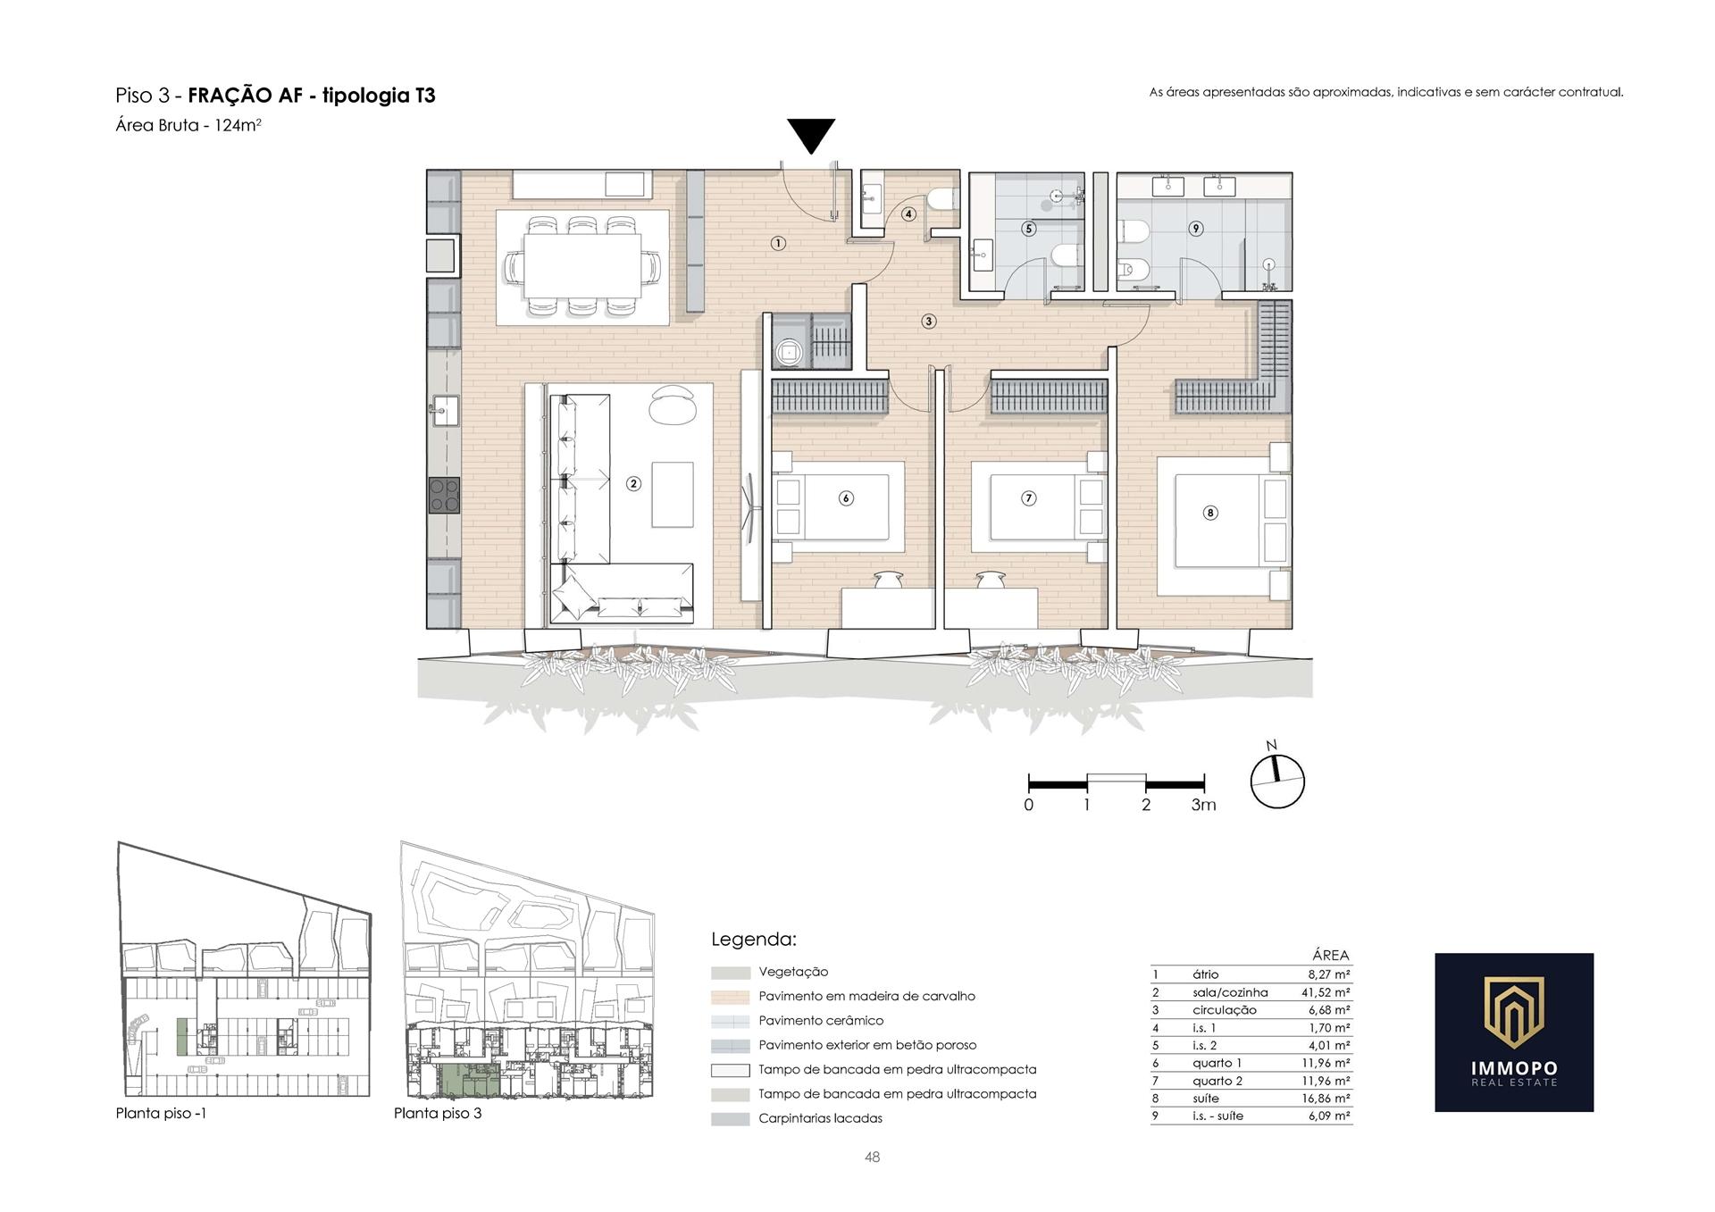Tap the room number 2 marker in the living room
click(x=633, y=484)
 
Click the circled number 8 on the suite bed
click(x=1210, y=513)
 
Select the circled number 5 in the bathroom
click(x=1029, y=229)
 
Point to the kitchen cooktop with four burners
click(x=445, y=496)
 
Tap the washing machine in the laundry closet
click(x=790, y=352)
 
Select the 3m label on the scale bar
click(x=1203, y=805)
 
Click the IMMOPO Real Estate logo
click(x=1514, y=1032)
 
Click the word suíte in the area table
click(x=1205, y=1099)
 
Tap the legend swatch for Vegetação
click(x=731, y=973)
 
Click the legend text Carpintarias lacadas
click(x=820, y=1118)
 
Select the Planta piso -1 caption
click(x=161, y=1114)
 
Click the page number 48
click(x=873, y=1158)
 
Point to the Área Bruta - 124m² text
click(x=188, y=125)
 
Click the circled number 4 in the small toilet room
click(x=908, y=214)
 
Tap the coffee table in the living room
click(x=673, y=495)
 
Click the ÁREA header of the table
click(x=1331, y=956)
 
